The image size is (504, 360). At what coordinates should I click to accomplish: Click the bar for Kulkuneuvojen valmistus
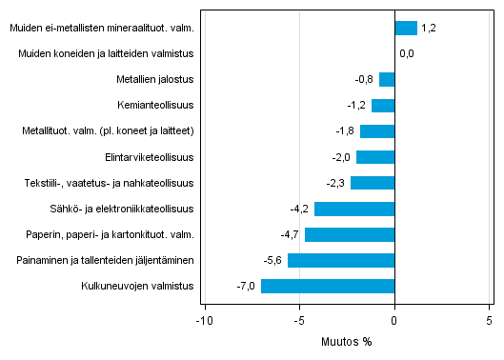[x=328, y=286]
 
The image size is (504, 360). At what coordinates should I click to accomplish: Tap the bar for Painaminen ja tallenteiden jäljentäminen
[x=341, y=260]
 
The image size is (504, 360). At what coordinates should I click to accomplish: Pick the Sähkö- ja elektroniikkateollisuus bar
[x=354, y=209]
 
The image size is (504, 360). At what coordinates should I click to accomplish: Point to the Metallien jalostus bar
[x=387, y=80]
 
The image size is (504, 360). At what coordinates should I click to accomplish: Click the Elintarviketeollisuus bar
[x=375, y=157]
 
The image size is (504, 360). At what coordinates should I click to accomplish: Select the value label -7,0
[x=247, y=286]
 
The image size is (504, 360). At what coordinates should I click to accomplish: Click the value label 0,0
[x=407, y=54]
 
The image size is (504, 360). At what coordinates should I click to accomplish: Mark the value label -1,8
[x=346, y=131]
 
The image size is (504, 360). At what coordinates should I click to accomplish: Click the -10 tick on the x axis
[x=203, y=320]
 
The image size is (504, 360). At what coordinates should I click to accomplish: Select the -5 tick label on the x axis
[x=298, y=320]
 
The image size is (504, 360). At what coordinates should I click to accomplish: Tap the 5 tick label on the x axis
[x=489, y=320]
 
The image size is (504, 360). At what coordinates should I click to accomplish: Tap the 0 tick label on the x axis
[x=394, y=320]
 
